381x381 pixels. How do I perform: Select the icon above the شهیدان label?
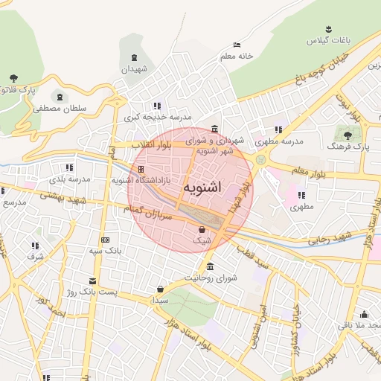tap(134, 57)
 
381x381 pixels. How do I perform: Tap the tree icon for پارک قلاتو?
tap(13, 78)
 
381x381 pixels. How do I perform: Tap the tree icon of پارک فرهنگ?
tap(347, 135)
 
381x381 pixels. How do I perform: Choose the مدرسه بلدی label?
tap(69, 179)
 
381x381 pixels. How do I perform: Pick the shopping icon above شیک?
tap(202, 230)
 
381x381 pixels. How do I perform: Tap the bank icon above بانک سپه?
tap(104, 240)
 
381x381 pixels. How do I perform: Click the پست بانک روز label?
tap(88, 292)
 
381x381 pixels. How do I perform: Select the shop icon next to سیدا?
tap(161, 289)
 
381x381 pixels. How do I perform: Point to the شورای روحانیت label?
tap(211, 278)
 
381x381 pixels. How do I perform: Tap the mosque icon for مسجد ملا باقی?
tap(364, 314)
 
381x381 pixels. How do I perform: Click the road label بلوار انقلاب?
tap(151, 144)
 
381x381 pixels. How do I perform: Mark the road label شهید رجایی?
tap(328, 239)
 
